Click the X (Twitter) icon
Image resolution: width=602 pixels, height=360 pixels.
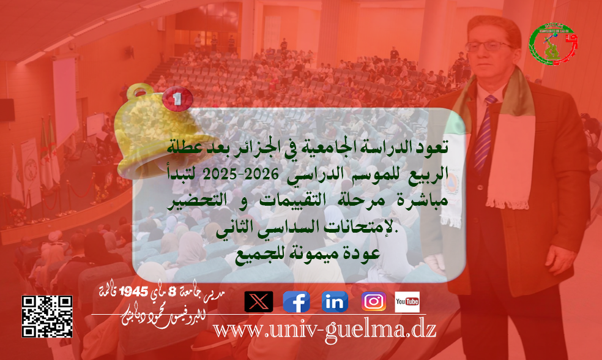pos(259,301)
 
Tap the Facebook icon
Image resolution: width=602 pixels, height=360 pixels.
pos(297,301)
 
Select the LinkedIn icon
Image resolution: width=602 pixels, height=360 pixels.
pos(335,301)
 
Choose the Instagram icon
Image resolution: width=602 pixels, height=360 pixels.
pos(373,301)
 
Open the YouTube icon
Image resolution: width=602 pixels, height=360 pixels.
pos(407,301)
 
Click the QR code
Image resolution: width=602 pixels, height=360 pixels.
pos(47,316)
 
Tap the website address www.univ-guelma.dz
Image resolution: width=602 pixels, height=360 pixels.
pos(324,329)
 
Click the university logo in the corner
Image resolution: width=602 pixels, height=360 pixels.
pos(553,44)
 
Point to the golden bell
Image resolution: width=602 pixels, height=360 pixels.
pos(142,126)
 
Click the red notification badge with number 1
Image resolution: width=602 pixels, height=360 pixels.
pos(177,97)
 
